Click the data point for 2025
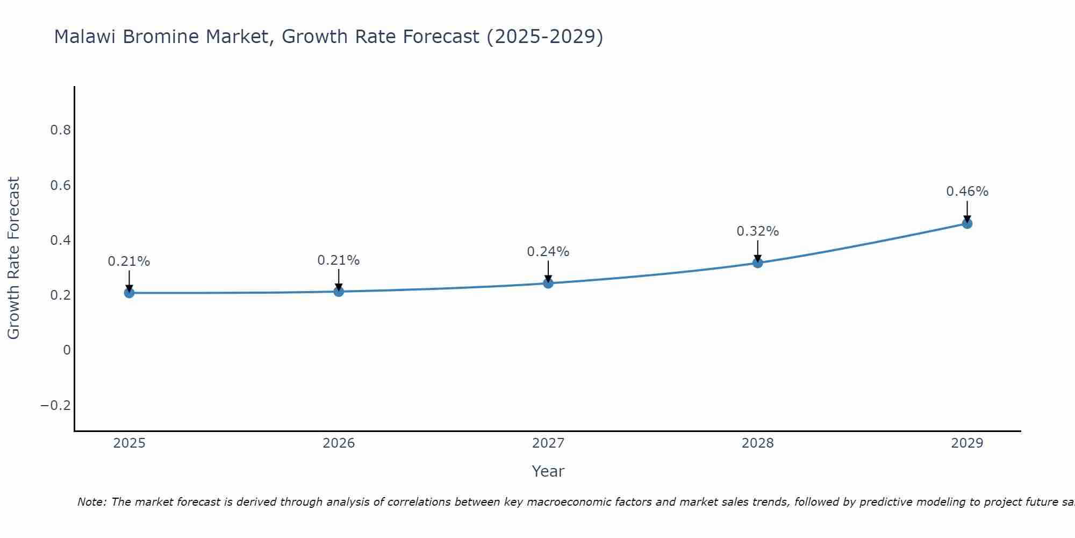click(129, 293)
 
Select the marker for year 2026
click(339, 292)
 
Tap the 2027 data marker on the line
click(548, 283)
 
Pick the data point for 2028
click(757, 263)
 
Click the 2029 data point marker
click(967, 223)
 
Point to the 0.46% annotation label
click(967, 192)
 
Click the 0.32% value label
click(757, 231)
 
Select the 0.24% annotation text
click(548, 252)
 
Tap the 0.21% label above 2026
click(338, 260)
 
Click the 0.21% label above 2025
click(129, 261)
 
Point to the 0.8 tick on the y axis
click(60, 130)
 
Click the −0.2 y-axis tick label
click(56, 405)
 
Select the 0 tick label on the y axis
click(67, 350)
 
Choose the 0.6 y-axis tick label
click(60, 186)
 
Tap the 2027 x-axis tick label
click(548, 443)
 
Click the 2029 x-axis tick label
click(967, 443)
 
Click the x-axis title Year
click(548, 471)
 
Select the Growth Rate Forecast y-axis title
click(14, 258)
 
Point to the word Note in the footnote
click(92, 502)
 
